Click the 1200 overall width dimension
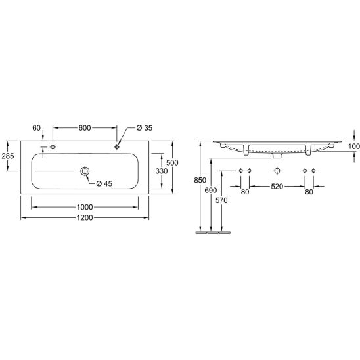[85, 217]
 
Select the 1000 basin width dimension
[85, 207]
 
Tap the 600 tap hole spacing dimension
[85, 128]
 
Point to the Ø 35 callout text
[144, 128]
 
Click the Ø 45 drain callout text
[104, 183]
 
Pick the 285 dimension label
[8, 156]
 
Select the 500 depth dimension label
[172, 163]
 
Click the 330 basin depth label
[162, 171]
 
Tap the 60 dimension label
[37, 128]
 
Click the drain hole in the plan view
[85, 171]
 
